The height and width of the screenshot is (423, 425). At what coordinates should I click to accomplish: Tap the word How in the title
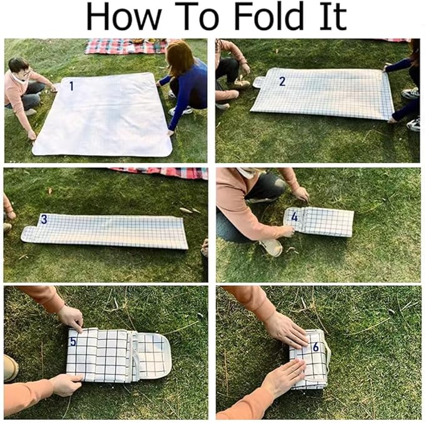(123, 16)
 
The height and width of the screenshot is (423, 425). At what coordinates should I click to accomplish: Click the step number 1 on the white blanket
(71, 86)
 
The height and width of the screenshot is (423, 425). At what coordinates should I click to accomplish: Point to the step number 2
(282, 81)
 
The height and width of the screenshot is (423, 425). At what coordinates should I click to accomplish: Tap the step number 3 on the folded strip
(44, 219)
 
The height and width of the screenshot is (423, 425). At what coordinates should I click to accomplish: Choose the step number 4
(294, 217)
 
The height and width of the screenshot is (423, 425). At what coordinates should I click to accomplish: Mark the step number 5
(73, 342)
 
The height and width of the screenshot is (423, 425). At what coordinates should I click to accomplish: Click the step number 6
(315, 347)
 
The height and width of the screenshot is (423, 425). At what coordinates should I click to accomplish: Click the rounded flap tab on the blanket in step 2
(260, 82)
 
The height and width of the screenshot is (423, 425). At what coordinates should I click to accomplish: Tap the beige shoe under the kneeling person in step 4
(272, 248)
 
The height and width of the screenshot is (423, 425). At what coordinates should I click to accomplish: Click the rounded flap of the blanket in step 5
(155, 356)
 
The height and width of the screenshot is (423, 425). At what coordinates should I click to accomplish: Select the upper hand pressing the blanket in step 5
(71, 318)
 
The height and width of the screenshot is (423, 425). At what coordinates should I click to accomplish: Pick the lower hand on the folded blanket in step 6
(284, 375)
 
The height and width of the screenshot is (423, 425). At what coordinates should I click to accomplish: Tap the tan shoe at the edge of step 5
(11, 368)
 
